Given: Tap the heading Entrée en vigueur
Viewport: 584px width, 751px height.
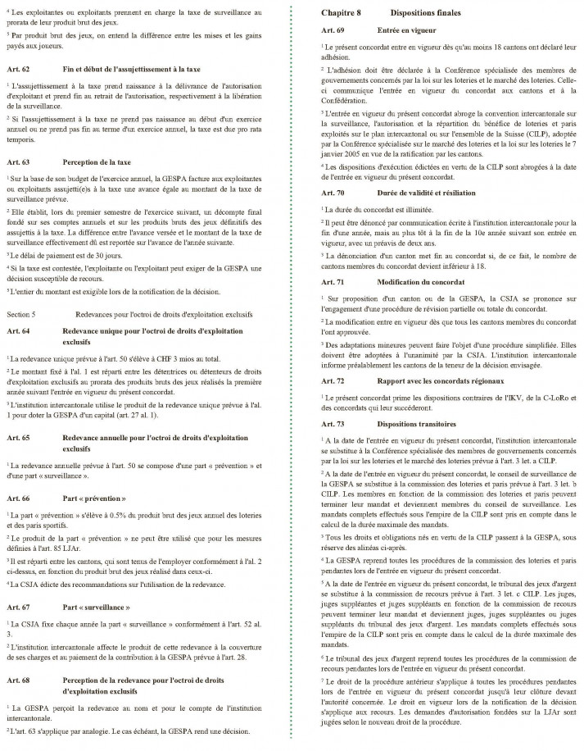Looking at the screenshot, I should [x=406, y=30].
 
